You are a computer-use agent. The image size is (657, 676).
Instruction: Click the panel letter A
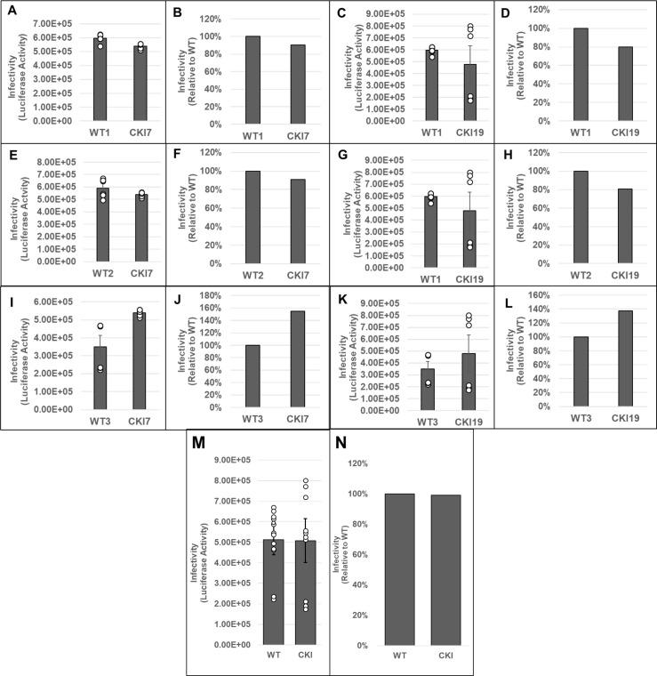pyautogui.click(x=7, y=12)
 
